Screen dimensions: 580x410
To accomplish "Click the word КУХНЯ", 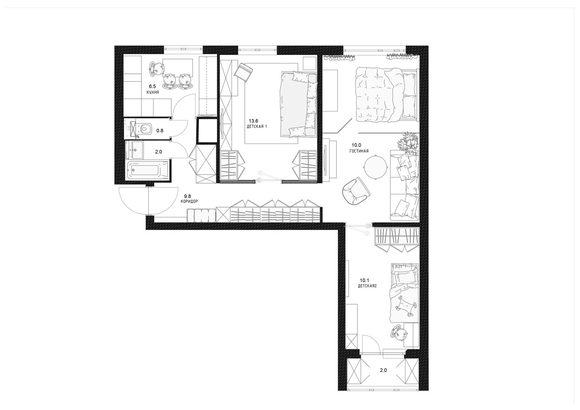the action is pos(152,92).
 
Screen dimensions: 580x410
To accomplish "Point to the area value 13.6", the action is pos(253,121).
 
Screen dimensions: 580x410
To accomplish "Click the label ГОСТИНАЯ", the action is pos(359,151).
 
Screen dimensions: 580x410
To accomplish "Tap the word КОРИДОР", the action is pos(189,201).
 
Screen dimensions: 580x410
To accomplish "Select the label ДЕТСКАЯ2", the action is pos(367,286).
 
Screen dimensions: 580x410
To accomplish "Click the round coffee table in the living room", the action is pos(375,167).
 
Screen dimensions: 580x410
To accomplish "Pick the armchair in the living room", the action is pos(356,191).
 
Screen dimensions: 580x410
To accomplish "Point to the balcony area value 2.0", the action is pos(383,370).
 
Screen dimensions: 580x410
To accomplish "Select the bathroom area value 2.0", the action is pos(159,152).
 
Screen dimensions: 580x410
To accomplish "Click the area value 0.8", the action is pos(160,131).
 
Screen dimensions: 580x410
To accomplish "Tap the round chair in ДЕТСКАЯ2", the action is pos(399,335).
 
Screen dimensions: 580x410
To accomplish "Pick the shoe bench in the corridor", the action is pos(201,216).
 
